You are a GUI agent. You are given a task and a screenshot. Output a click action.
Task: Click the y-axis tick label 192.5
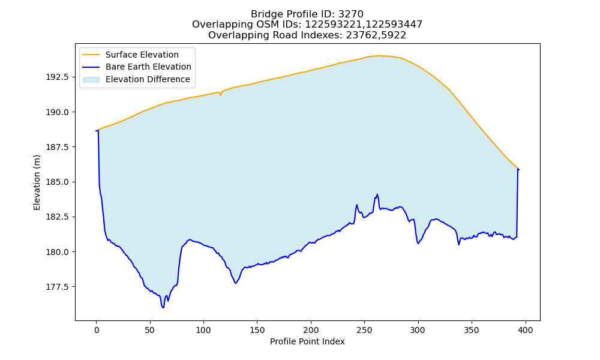(x=58, y=77)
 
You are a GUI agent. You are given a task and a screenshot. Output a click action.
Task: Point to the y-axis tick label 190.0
(x=58, y=112)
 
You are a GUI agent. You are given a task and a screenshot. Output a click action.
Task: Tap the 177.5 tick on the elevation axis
(x=58, y=287)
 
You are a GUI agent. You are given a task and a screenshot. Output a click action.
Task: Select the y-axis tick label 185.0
(x=58, y=182)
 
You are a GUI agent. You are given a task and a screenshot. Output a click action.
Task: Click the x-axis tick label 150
(x=257, y=330)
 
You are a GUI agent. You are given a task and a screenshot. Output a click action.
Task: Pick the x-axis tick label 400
(x=526, y=330)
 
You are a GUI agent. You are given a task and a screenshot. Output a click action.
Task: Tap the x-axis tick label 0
(x=97, y=330)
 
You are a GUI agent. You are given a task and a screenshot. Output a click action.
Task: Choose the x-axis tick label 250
(x=364, y=330)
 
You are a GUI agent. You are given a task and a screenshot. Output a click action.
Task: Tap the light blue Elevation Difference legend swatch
(x=91, y=79)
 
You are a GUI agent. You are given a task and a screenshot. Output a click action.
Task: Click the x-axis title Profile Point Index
(x=307, y=341)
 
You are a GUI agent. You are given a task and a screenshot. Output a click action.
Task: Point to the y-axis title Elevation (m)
(x=37, y=182)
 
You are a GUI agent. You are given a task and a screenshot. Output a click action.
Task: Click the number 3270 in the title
(x=351, y=14)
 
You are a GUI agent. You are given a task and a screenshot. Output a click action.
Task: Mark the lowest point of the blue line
(x=163, y=308)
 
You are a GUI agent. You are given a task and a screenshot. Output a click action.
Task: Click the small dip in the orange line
(x=220, y=95)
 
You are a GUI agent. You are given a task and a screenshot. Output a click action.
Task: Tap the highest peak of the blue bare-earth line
(x=377, y=194)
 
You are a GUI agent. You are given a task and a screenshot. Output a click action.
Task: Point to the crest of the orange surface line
(x=379, y=56)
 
